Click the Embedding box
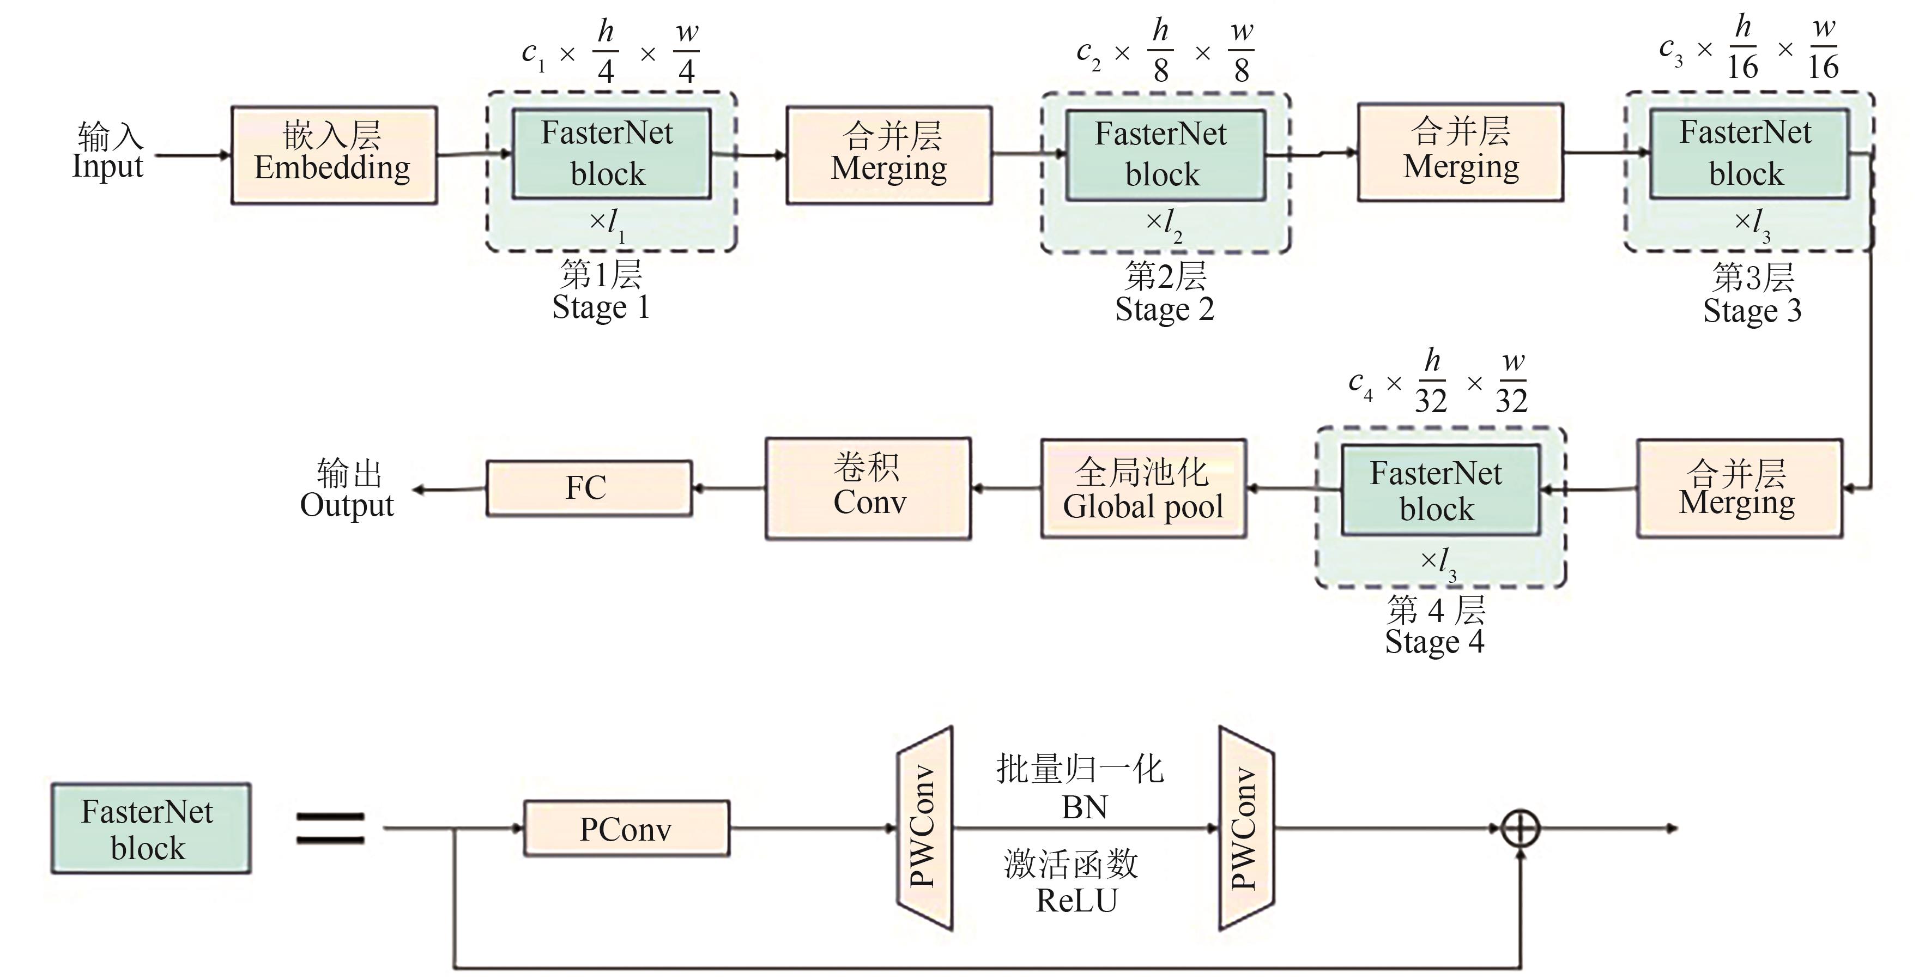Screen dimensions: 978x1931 pyautogui.click(x=334, y=154)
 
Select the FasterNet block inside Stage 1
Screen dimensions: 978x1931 pyautogui.click(x=611, y=154)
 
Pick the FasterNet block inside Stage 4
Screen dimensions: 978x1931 pyautogui.click(x=1440, y=491)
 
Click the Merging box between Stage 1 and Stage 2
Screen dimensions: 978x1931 pyautogui.click(x=889, y=154)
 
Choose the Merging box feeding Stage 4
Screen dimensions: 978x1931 pyautogui.click(x=1739, y=488)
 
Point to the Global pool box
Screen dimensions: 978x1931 pyautogui.click(x=1143, y=489)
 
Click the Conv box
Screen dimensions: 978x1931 pyautogui.click(x=868, y=489)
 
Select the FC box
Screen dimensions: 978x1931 pyautogui.click(x=589, y=488)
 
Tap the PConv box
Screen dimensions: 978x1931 pyautogui.click(x=626, y=829)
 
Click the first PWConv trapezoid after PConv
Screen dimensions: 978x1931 pyautogui.click(x=925, y=828)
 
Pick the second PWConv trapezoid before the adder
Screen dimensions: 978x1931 pyautogui.click(x=1246, y=828)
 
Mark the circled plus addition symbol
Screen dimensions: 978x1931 pyautogui.click(x=1520, y=829)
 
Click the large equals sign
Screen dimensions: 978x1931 pyautogui.click(x=330, y=829)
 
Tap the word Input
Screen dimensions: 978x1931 pyautogui.click(x=107, y=166)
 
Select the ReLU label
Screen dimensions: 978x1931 pyautogui.click(x=1076, y=900)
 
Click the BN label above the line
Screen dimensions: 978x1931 pyautogui.click(x=1084, y=807)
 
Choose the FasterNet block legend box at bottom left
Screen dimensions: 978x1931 pyautogui.click(x=150, y=829)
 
